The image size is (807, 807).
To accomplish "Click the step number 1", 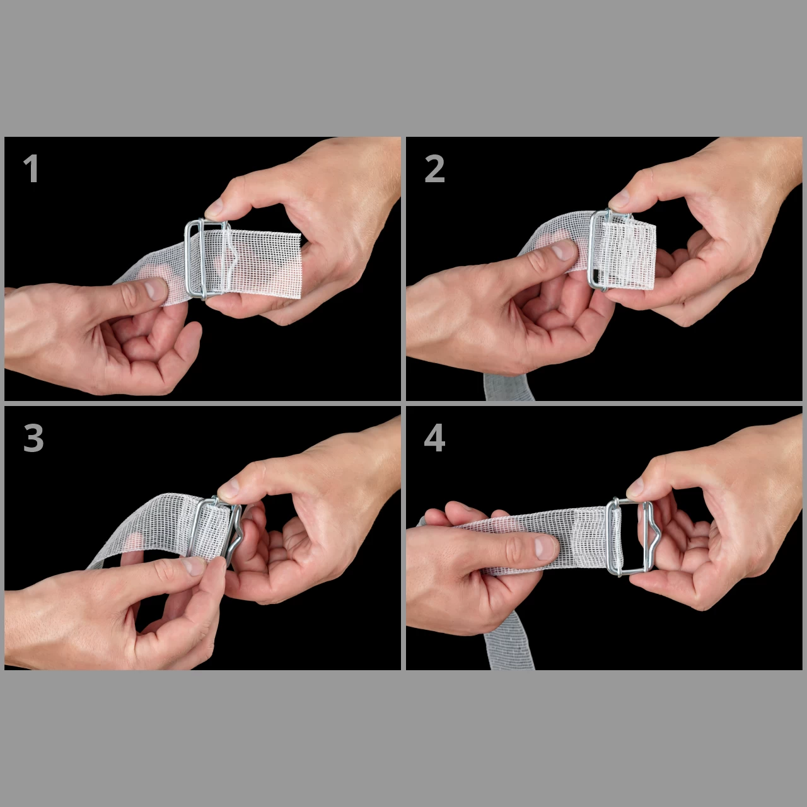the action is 31,168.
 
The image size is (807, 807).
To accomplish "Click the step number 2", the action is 434,168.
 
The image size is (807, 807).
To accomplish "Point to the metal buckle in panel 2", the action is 594,252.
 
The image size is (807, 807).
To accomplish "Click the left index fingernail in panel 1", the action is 155,289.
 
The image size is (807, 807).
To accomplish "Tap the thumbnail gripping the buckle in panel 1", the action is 214,207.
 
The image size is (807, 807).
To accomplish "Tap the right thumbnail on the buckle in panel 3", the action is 229,488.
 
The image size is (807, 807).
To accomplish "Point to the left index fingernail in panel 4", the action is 545,547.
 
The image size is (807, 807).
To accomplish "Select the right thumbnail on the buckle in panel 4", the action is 636,487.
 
